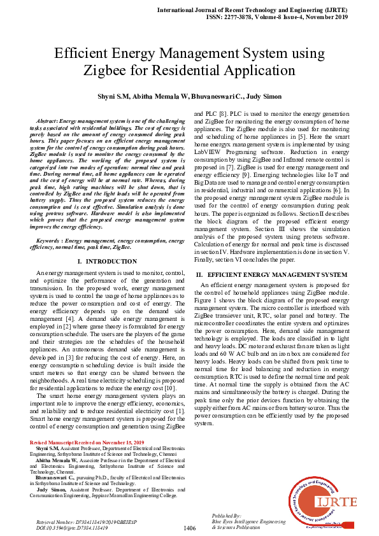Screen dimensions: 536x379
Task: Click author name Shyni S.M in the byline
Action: point(112,97)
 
